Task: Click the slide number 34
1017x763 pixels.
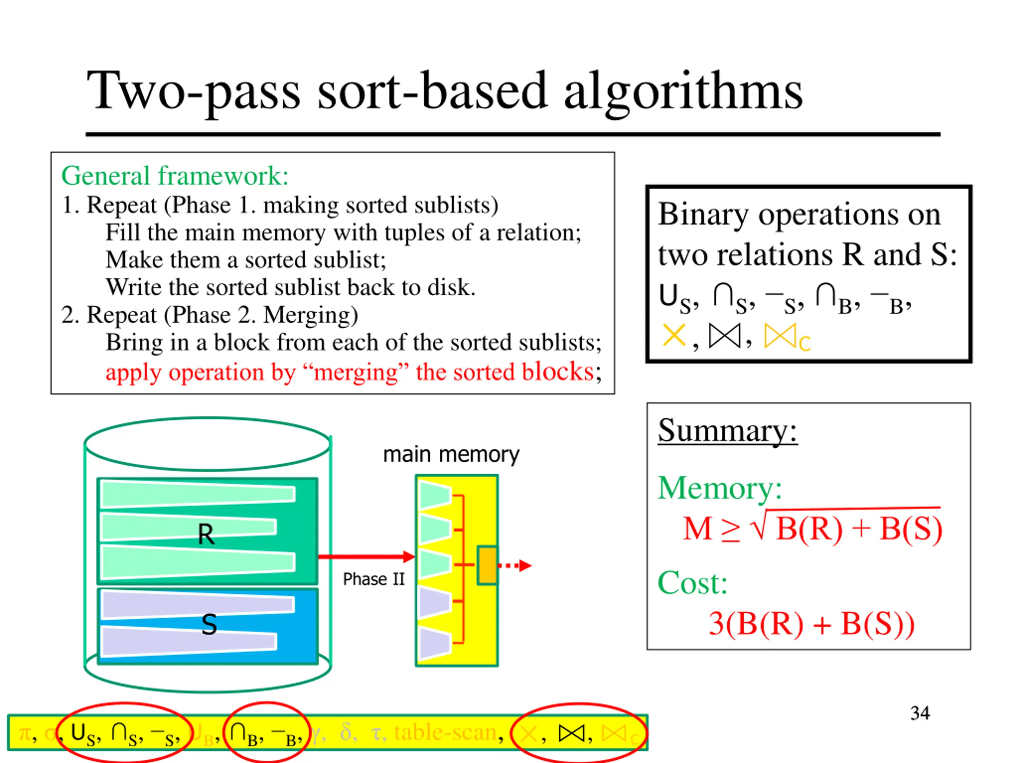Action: pos(920,713)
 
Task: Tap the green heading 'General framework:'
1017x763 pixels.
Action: pos(175,176)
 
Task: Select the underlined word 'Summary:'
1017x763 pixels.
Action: pos(727,431)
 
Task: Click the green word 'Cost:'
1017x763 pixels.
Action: pos(692,583)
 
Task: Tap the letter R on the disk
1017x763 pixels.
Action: pos(205,534)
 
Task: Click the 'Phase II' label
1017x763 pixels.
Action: pos(373,579)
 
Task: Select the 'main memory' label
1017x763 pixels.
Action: pos(451,454)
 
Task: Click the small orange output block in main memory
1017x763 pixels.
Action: pos(487,565)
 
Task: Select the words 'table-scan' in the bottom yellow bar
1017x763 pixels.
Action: pos(445,732)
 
